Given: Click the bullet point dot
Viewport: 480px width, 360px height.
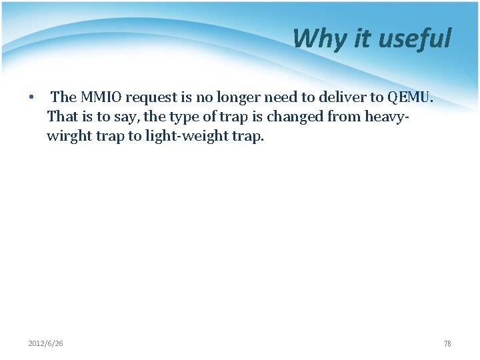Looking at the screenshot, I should coord(31,98).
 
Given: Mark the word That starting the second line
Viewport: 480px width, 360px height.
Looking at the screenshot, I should coord(62,117).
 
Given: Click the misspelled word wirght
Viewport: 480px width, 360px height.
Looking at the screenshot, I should coord(67,137).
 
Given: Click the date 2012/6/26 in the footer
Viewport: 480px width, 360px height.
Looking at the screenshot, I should coord(45,343).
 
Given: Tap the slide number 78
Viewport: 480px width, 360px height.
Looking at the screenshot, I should coord(447,344).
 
